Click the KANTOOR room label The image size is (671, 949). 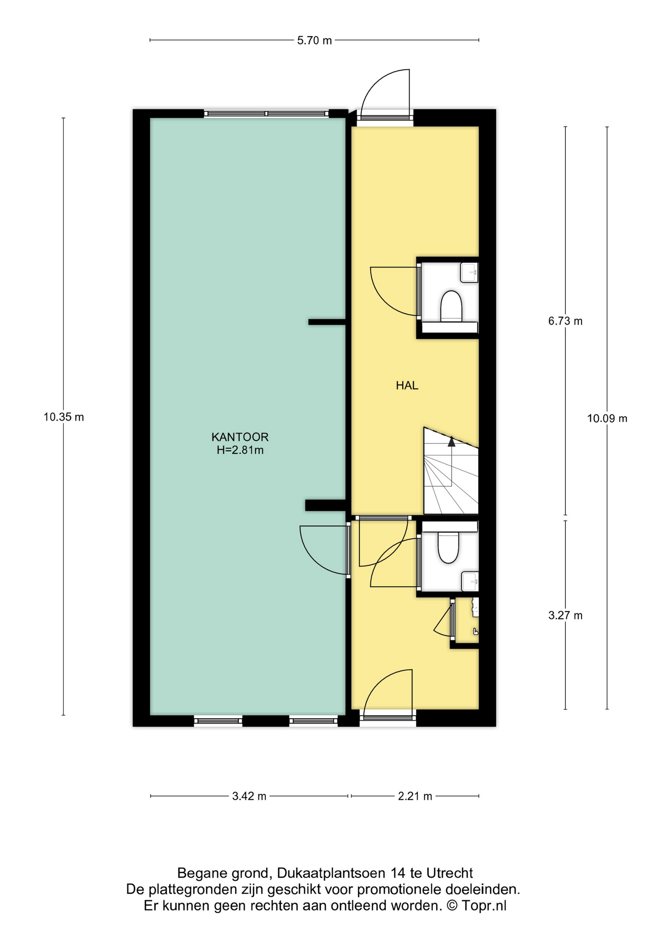(240, 437)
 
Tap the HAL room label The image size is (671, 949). (407, 386)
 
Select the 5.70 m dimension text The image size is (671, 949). (314, 41)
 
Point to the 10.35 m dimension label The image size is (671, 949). (64, 417)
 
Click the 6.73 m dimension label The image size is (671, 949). (565, 321)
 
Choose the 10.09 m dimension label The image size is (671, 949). (607, 419)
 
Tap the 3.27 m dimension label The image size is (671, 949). (565, 615)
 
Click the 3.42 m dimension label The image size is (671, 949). (249, 796)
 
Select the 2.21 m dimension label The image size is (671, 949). (415, 796)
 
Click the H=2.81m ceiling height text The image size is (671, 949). (240, 450)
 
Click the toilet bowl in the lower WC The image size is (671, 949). (449, 548)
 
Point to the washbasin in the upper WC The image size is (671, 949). (469, 272)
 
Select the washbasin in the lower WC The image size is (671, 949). (470, 581)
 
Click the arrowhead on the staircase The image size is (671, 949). (451, 441)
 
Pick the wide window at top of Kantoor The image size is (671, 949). (266, 114)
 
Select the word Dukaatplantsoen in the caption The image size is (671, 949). (332, 873)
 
